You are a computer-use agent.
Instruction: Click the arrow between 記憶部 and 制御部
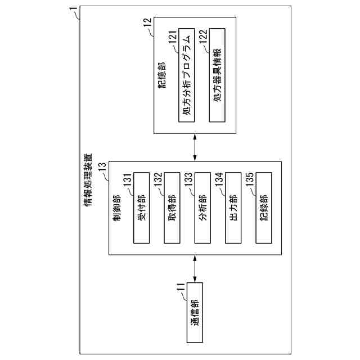pyautogui.click(x=195, y=147)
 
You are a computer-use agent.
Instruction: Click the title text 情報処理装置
pyautogui.click(x=89, y=179)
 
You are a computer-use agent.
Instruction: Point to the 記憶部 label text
pyautogui.click(x=161, y=84)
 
